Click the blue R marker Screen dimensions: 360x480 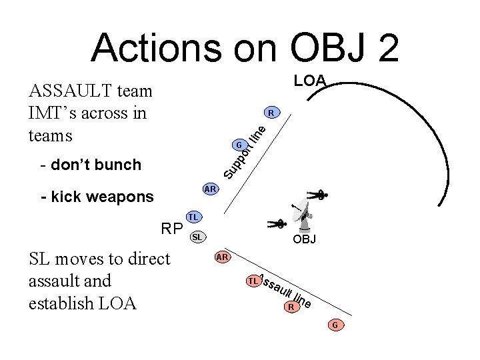click(x=271, y=111)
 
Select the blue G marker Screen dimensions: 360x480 click(x=238, y=145)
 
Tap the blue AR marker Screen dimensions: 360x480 click(x=210, y=189)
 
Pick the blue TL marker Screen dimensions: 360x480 click(x=193, y=217)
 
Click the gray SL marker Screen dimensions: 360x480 click(x=198, y=237)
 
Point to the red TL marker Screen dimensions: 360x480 click(x=253, y=281)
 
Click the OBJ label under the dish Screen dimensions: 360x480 click(x=304, y=239)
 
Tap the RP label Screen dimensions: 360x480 click(x=172, y=229)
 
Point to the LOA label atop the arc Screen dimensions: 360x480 click(x=310, y=81)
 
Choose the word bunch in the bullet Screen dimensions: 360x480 click(x=117, y=165)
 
